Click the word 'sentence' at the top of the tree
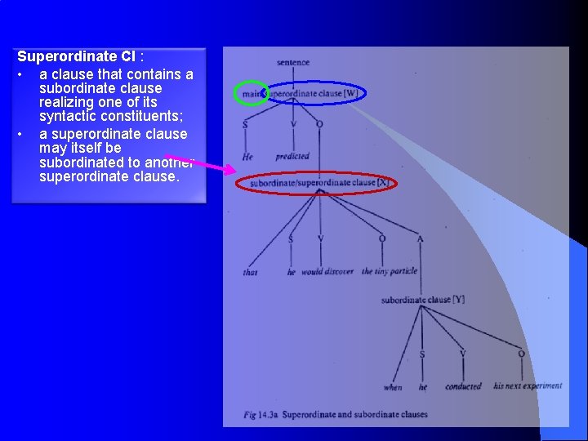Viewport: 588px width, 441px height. click(x=292, y=62)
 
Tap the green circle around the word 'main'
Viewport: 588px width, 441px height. click(x=252, y=94)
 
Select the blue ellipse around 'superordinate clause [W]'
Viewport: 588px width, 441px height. click(x=316, y=93)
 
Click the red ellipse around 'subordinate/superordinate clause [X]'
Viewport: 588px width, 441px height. click(x=318, y=183)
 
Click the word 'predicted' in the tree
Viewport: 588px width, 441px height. click(x=292, y=156)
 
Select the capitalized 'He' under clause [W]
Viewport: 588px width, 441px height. click(x=247, y=156)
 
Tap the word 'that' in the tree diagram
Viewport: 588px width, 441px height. click(x=250, y=272)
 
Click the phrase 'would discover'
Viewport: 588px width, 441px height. click(x=327, y=271)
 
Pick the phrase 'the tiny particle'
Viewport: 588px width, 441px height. click(x=390, y=271)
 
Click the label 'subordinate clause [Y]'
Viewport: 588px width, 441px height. click(x=422, y=300)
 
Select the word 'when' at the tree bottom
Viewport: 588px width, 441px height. click(x=393, y=386)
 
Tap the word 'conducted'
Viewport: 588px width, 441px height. click(x=463, y=386)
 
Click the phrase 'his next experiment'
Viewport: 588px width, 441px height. click(x=528, y=385)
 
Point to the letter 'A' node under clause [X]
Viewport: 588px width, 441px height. click(x=420, y=239)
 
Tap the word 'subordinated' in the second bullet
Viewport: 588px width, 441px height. click(x=79, y=162)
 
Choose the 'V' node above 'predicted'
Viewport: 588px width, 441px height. click(x=293, y=125)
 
